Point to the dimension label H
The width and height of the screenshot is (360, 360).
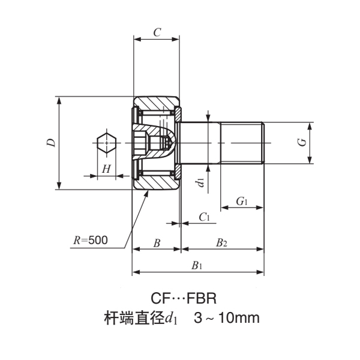pos(106,169)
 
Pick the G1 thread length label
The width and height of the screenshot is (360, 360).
pos(242,202)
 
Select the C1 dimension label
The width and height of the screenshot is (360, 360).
pos(203,217)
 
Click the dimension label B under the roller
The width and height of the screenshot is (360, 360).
pos(156,243)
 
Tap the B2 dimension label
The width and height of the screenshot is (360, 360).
pos(221,243)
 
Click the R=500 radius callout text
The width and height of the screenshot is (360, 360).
pos(90,240)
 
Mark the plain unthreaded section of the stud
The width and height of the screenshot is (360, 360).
pos(200,143)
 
